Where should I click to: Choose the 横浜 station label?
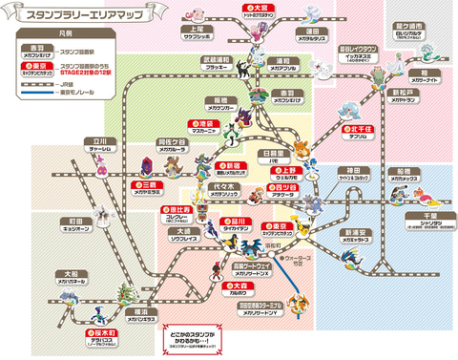pyautogui.click(x=140, y=310)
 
